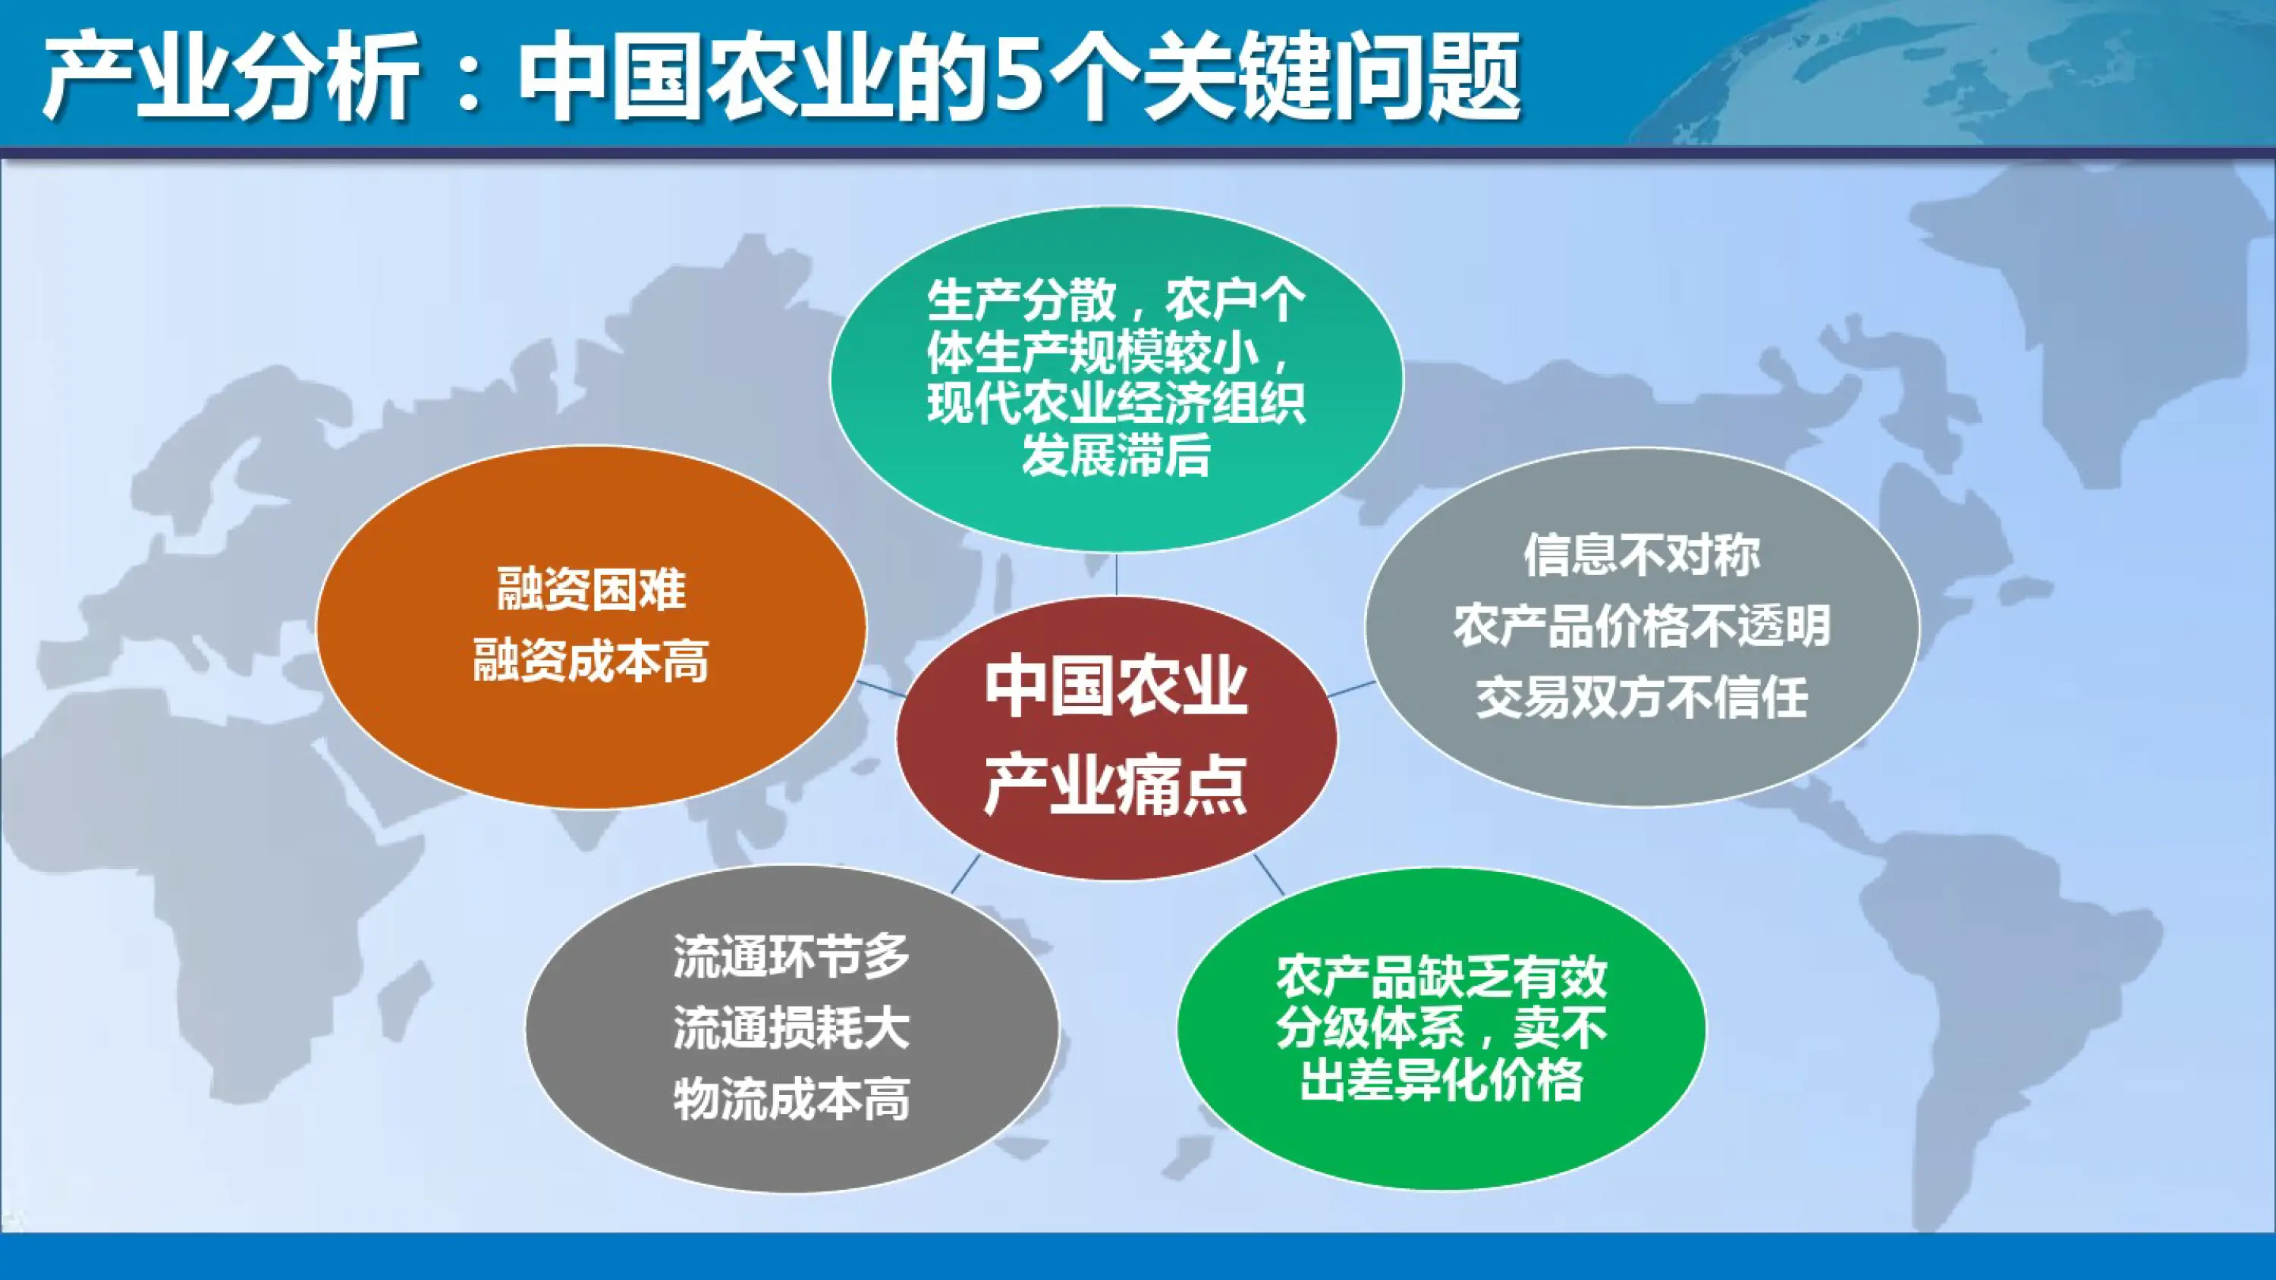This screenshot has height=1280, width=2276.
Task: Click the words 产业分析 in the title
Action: [231, 78]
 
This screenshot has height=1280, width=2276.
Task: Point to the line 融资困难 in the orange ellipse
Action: [591, 590]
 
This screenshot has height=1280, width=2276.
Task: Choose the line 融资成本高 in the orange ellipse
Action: [591, 663]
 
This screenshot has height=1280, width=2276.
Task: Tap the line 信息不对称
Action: [1642, 556]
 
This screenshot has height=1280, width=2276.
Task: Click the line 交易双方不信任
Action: [1642, 698]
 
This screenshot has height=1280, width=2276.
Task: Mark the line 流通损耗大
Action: [791, 1028]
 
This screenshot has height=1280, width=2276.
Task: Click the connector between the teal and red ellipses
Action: [1116, 574]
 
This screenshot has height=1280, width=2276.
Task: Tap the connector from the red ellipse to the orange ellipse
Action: [880, 689]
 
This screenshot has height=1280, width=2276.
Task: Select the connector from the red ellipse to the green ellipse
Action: [1268, 874]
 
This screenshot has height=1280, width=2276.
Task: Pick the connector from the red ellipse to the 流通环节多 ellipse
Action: [965, 874]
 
